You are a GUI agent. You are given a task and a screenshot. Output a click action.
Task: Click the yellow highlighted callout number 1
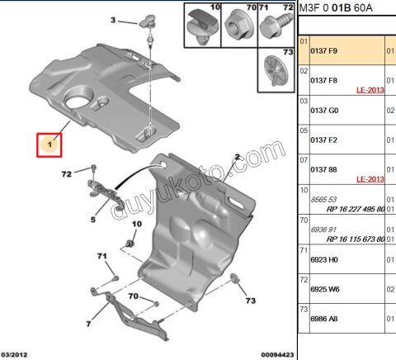50,146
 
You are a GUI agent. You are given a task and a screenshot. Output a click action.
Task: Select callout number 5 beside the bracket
93,220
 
